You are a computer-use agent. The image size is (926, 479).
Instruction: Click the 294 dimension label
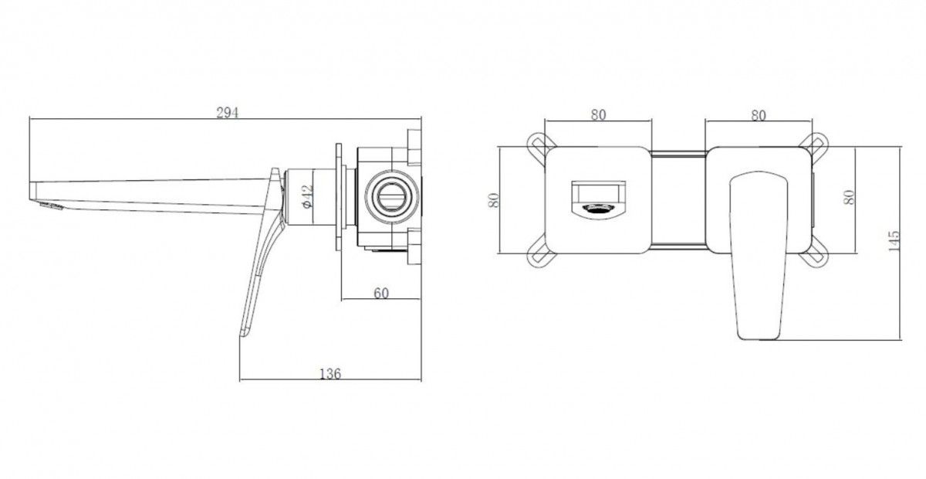[x=228, y=112]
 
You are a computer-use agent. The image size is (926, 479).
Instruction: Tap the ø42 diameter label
[x=308, y=196]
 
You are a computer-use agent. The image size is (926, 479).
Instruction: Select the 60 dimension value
[x=381, y=293]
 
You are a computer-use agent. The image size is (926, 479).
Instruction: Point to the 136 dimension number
[x=330, y=374]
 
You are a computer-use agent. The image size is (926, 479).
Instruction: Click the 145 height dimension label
[x=894, y=241]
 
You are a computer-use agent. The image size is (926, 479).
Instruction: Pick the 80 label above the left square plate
[x=598, y=114]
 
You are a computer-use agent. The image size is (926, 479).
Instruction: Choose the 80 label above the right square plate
[x=758, y=116]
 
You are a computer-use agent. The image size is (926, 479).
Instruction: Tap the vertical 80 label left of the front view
[x=494, y=200]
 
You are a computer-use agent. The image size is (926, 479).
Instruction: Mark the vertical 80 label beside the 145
[x=849, y=197]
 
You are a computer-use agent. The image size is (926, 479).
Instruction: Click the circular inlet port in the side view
[x=391, y=197]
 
